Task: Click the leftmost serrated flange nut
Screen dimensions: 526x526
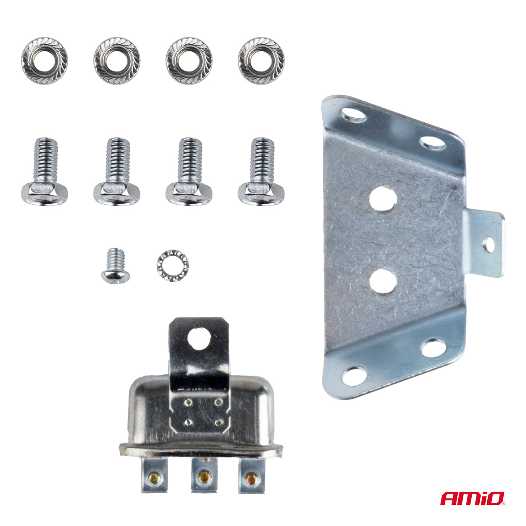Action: tap(44, 60)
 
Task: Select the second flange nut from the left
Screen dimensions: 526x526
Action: tap(117, 60)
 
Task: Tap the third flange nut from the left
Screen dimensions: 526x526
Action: tap(189, 60)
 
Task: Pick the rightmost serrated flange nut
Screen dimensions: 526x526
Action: tap(261, 60)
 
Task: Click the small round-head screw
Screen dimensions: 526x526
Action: tap(115, 265)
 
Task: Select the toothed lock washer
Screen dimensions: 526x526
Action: tap(173, 266)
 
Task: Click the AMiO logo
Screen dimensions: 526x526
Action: tap(473, 499)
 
